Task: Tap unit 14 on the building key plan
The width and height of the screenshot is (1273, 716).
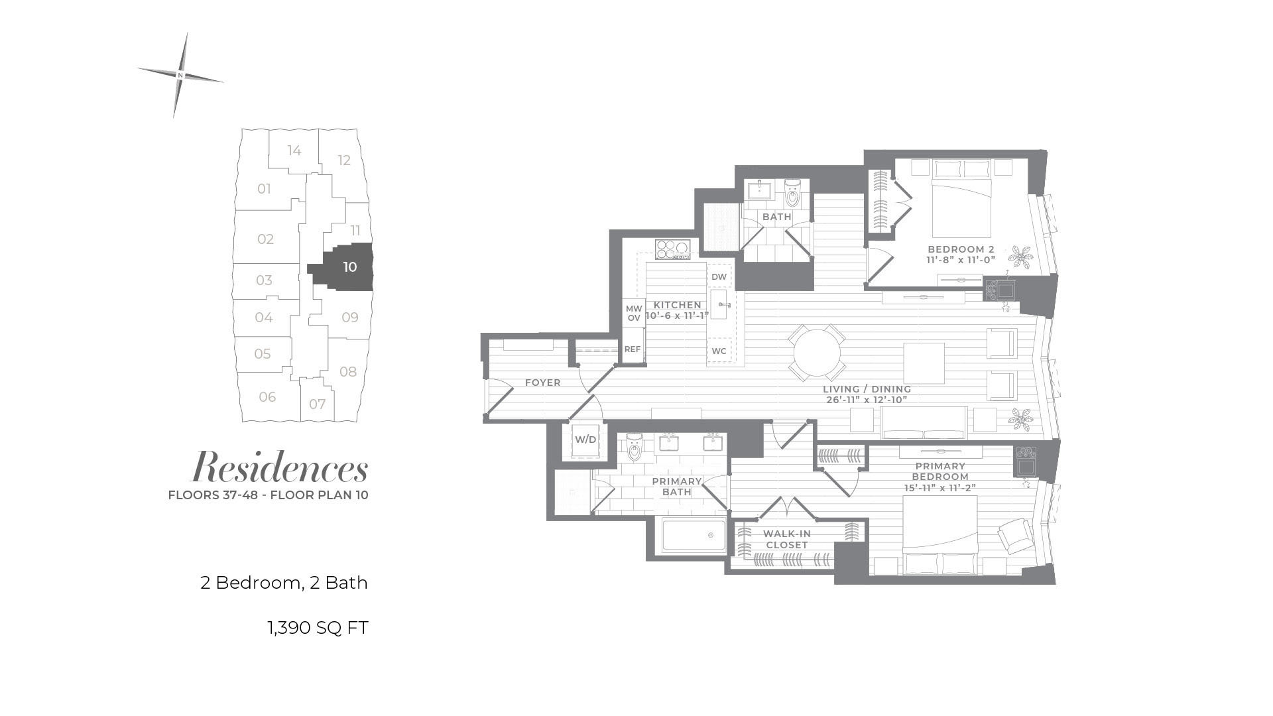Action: [x=294, y=150]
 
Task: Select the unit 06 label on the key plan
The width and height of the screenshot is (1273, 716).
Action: [x=267, y=396]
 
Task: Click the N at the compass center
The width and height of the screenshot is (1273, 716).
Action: [x=180, y=76]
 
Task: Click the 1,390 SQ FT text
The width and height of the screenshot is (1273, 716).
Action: [x=318, y=627]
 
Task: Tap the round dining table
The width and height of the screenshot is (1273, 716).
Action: [x=817, y=353]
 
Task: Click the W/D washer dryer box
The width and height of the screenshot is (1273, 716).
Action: [x=585, y=440]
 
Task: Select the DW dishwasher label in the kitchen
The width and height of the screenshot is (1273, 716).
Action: [x=719, y=276]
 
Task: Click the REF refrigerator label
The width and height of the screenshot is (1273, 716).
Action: [x=633, y=349]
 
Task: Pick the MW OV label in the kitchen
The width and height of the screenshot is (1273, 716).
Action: [x=634, y=314]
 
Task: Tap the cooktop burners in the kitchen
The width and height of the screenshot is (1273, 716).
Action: [x=673, y=249]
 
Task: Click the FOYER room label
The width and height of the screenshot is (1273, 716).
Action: [x=543, y=383]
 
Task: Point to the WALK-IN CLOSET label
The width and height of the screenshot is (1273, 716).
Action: [x=787, y=539]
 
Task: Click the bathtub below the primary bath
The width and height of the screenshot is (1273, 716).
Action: [x=694, y=535]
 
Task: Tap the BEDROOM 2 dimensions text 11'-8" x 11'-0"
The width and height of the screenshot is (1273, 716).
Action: [x=961, y=261]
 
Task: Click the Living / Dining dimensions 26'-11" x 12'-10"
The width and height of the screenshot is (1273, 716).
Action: [x=867, y=400]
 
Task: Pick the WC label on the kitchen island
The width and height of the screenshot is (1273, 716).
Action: [x=719, y=351]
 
